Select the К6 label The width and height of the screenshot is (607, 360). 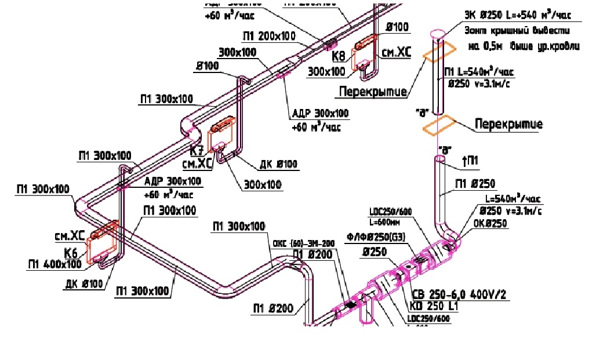71,253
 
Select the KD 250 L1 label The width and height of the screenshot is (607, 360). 435,306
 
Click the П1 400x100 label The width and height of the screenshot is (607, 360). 55,264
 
